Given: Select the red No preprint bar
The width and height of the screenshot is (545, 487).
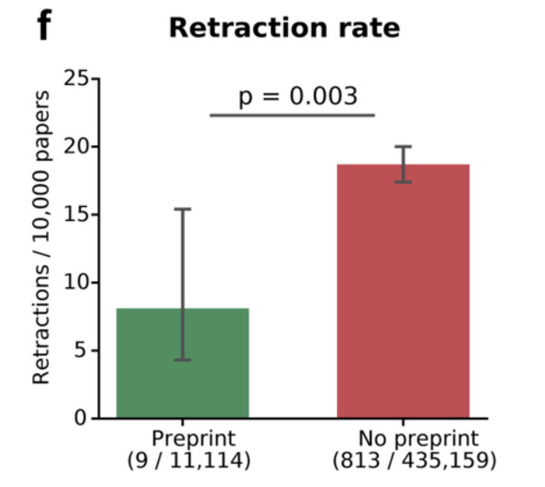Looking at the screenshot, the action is pos(403,291).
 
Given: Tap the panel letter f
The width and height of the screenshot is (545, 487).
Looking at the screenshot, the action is pos(45,25).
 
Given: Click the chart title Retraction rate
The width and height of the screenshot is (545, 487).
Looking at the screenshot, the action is pos(285,28).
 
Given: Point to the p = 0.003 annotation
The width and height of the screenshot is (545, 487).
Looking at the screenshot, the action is pos(297,96).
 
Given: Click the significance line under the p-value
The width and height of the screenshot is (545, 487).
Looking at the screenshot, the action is pos(292,116).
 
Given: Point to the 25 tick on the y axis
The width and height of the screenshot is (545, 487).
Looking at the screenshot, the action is pos(77,79).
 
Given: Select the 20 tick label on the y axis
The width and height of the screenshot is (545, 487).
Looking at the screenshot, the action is pos(77,147).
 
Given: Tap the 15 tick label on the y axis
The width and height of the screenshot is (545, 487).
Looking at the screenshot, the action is pos(77,214).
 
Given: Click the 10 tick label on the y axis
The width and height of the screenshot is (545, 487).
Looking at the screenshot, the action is pos(77,282).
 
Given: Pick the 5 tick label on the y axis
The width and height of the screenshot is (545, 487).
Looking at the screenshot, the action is pos(80,350).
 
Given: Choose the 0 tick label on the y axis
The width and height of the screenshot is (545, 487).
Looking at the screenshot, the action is pos(80,419).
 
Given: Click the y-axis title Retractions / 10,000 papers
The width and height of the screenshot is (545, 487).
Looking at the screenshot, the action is pos(42,237).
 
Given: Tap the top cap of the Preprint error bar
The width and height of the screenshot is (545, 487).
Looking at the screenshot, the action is pos(183,209).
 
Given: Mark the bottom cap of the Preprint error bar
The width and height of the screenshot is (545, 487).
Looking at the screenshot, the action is pos(183,359).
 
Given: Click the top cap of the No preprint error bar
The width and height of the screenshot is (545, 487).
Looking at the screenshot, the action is pos(403,147).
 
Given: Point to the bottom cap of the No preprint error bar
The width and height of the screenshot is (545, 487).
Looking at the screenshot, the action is pos(403,182).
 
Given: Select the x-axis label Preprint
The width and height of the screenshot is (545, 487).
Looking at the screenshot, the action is pos(194,439).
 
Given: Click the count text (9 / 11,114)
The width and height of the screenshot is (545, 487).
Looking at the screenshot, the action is pos(188,460).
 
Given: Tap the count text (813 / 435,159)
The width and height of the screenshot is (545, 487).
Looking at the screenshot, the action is pos(415,460).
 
